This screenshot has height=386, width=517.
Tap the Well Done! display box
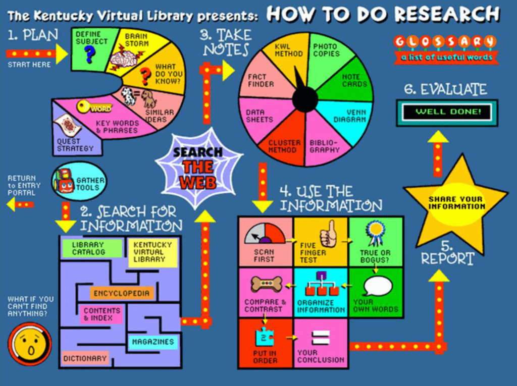click(x=446, y=112)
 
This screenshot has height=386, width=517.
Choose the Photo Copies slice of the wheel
click(x=326, y=50)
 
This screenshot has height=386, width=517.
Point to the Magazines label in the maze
click(x=152, y=342)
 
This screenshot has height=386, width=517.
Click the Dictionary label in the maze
click(x=85, y=359)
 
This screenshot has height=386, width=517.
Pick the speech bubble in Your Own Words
click(x=377, y=287)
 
